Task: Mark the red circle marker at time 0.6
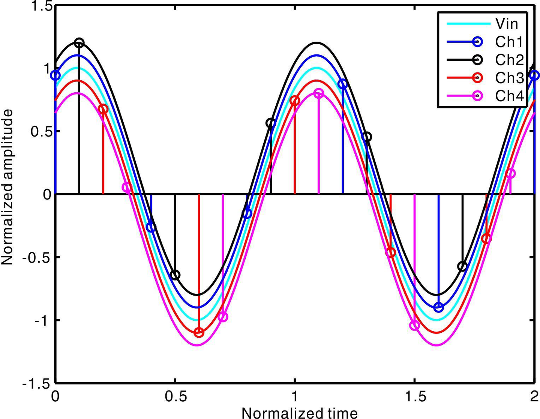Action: [199, 332]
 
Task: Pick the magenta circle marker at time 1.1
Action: [319, 93]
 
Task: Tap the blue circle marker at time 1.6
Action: [439, 308]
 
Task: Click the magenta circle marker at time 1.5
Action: [414, 325]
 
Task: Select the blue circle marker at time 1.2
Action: [343, 84]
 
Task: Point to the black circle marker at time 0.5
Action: [175, 275]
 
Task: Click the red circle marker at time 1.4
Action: [391, 252]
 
